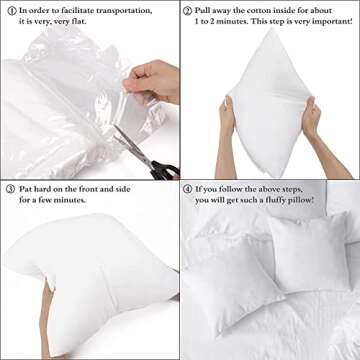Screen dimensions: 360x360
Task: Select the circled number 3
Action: coord(8,187)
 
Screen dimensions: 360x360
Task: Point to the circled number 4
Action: coord(188,187)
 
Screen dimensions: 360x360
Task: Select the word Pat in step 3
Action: coord(25,187)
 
